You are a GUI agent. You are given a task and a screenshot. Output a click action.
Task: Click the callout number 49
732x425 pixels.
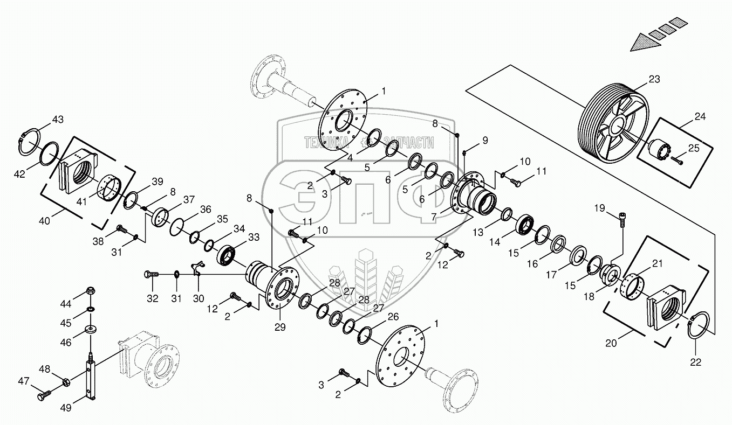[x=66, y=407]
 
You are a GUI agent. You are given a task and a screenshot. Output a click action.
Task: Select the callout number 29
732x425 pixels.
[x=280, y=327]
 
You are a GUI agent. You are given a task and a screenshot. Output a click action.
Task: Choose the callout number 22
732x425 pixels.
[x=696, y=363]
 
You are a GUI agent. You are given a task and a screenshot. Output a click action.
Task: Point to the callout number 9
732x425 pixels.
[x=484, y=141]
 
